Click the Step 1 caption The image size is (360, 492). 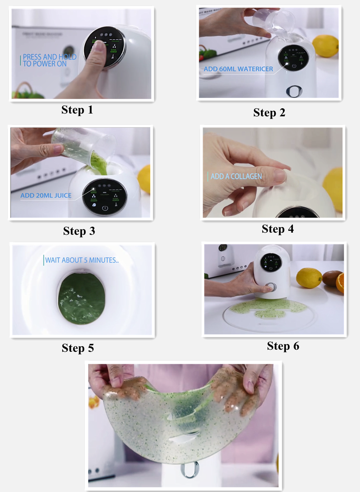pyautogui.click(x=77, y=110)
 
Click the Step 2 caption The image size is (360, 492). pyautogui.click(x=269, y=113)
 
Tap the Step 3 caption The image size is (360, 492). pyautogui.click(x=79, y=231)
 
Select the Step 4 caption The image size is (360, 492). pyautogui.click(x=277, y=229)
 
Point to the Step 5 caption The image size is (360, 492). pyautogui.click(x=78, y=348)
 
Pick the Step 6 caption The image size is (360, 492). pyautogui.click(x=283, y=346)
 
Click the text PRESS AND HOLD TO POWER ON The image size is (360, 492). pyautogui.click(x=49, y=60)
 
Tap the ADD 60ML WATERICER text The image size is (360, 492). pyautogui.click(x=238, y=69)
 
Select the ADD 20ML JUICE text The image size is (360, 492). pyautogui.click(x=46, y=196)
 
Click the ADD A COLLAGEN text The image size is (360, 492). pyautogui.click(x=236, y=176)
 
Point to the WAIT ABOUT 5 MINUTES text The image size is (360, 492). pyautogui.click(x=82, y=260)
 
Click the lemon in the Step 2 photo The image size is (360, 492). pyautogui.click(x=326, y=45)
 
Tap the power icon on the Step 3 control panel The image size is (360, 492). pyautogui.click(x=105, y=208)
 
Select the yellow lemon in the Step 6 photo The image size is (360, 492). pyautogui.click(x=309, y=278)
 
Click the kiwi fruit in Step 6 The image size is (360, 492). pyautogui.click(x=331, y=278)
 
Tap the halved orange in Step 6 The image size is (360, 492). pyautogui.click(x=340, y=283)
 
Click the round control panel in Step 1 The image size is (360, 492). pyautogui.click(x=105, y=46)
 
